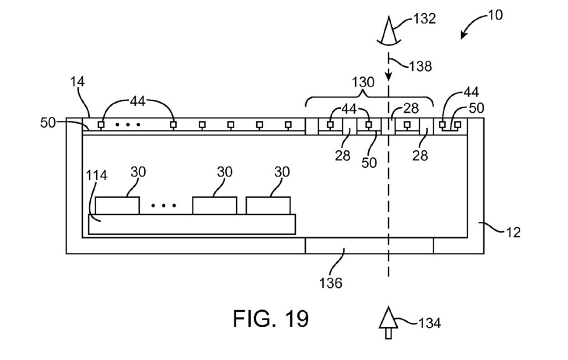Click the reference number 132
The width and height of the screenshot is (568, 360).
[424, 19]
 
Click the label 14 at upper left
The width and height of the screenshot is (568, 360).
[77, 82]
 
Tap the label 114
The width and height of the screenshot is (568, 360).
[96, 176]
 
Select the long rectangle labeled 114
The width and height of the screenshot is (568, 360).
[192, 224]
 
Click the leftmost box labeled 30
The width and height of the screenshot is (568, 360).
[117, 205]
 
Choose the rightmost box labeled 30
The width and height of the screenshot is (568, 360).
[268, 205]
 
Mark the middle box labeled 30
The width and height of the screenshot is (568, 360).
[214, 205]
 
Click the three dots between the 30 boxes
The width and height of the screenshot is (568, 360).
[164, 206]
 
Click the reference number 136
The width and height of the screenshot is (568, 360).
[332, 283]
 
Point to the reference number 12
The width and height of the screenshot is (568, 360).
[514, 232]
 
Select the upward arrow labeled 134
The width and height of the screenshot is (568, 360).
[388, 325]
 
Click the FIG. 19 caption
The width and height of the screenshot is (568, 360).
[270, 319]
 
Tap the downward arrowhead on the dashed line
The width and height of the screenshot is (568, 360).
[388, 75]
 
